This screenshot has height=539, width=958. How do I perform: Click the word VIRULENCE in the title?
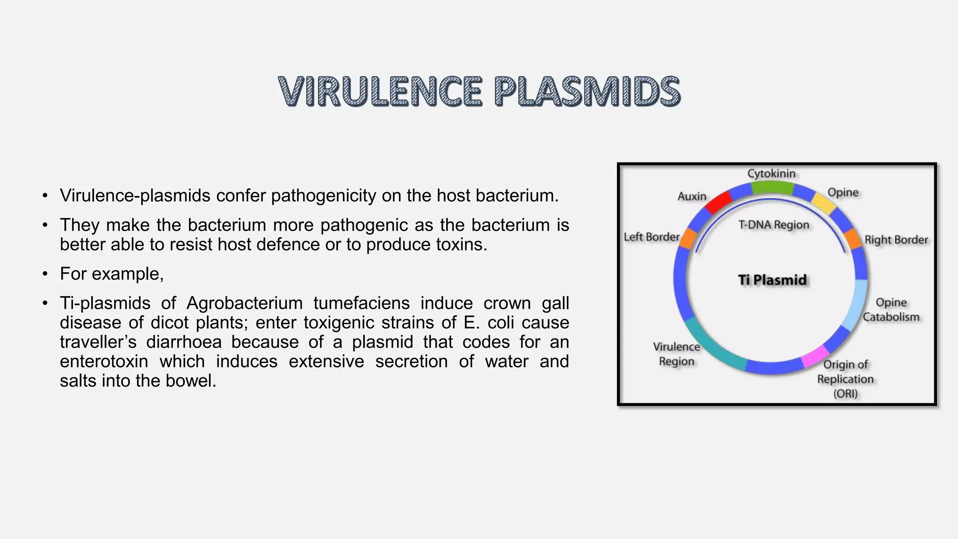pos(380,91)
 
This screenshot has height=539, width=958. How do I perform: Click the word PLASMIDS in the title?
pos(587,91)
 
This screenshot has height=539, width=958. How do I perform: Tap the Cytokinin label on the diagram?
pos(771,174)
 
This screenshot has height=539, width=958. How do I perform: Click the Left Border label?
pos(651,237)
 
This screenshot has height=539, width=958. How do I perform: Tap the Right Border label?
pos(896,240)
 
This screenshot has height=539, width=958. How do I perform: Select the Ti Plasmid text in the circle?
pos(772,280)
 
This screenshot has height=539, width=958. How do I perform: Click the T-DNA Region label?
pos(774,225)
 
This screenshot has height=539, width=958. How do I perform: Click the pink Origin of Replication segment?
pos(815,356)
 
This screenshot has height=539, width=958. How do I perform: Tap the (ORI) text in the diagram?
pos(845,393)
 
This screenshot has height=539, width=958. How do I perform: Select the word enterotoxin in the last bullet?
pos(104,361)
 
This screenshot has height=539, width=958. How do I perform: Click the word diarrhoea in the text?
pos(184,342)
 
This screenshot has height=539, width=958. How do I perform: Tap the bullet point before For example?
pos(45,274)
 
